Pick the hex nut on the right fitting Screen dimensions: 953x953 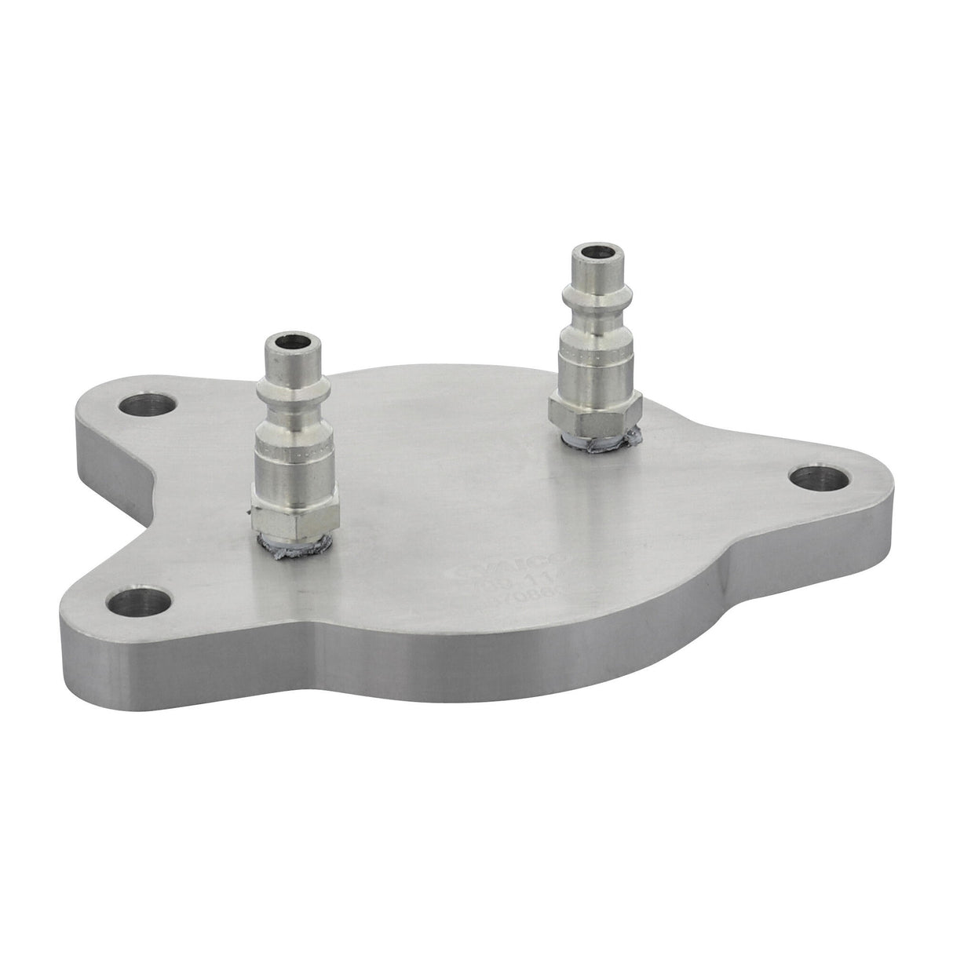click(595, 408)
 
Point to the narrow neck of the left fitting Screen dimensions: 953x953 click(287, 408)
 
